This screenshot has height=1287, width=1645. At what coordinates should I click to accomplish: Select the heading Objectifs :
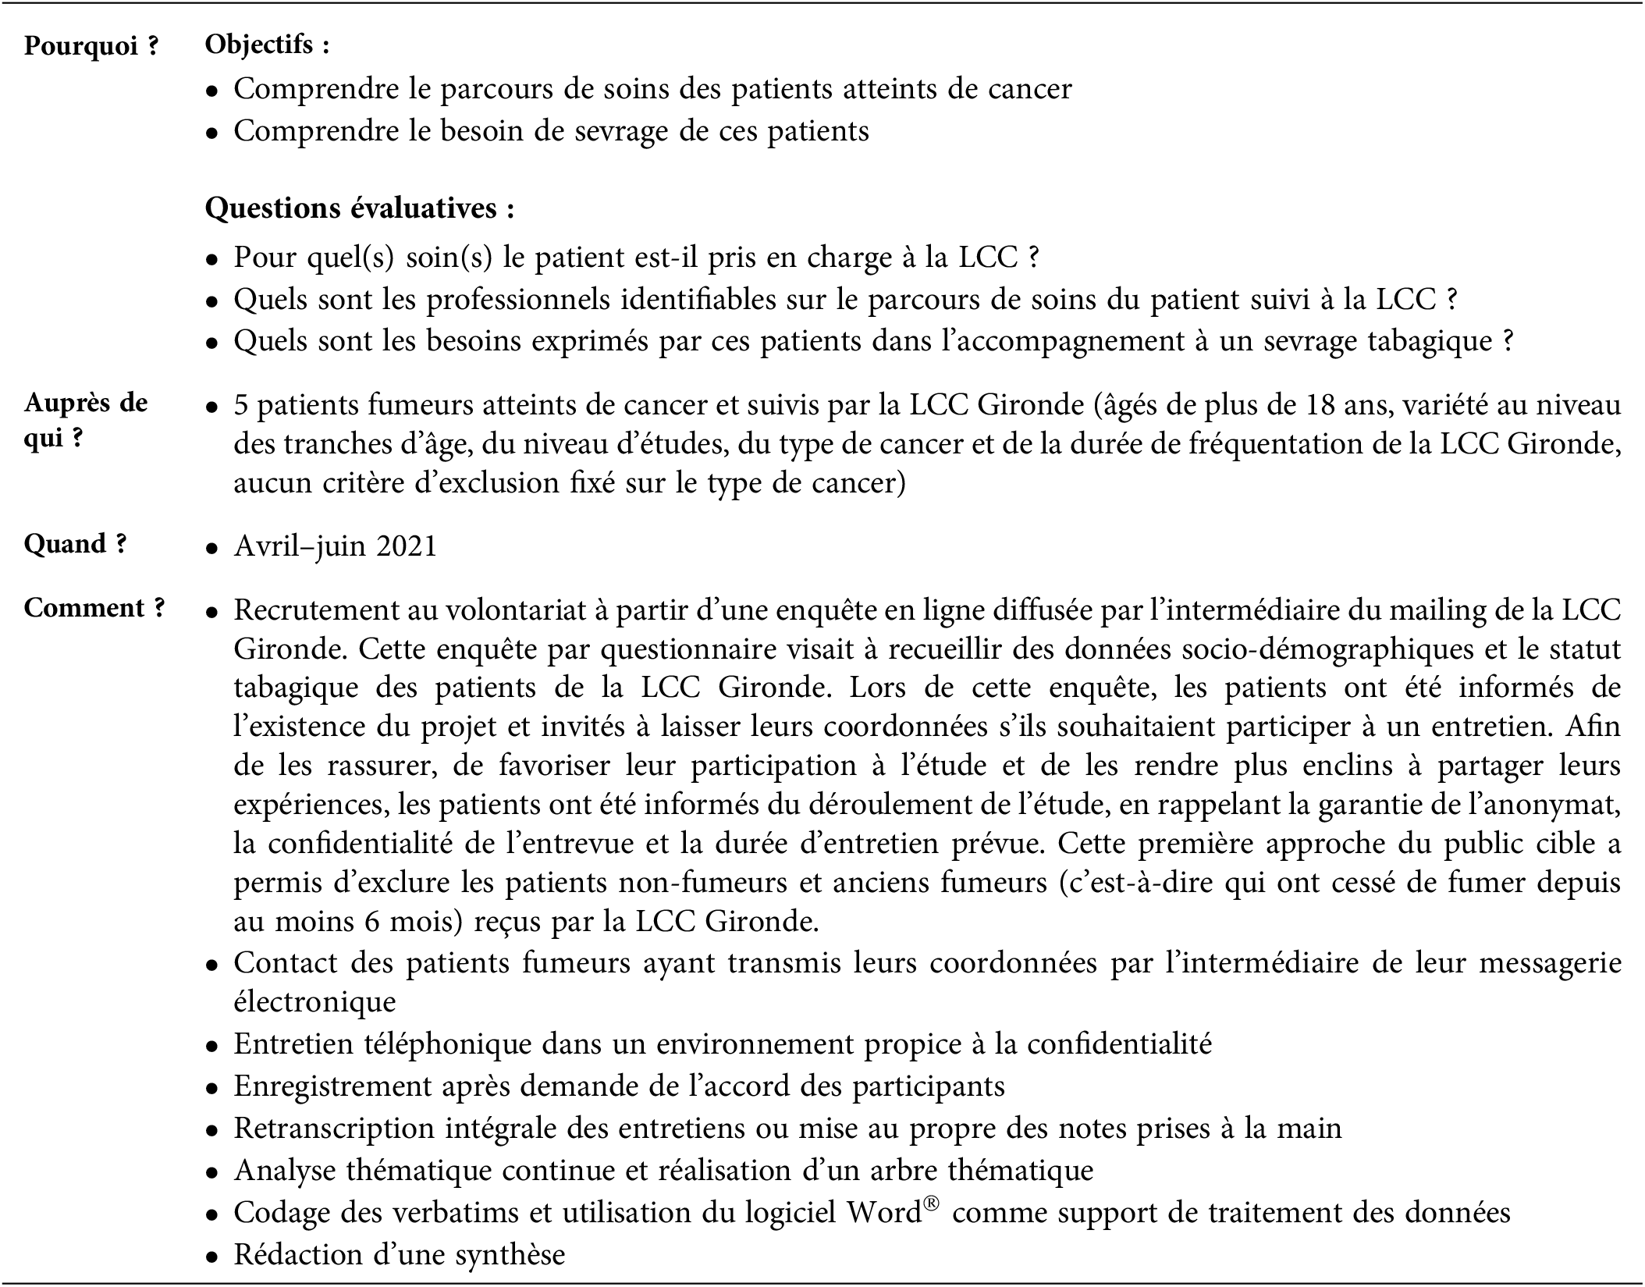(267, 45)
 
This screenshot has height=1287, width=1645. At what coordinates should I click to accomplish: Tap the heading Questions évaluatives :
(360, 208)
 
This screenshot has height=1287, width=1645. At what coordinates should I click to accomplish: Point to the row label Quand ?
(75, 544)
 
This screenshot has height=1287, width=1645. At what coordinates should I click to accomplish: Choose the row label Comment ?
(94, 608)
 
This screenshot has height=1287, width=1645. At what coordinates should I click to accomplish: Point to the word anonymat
(1553, 805)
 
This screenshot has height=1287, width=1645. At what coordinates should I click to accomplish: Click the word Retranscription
(335, 1129)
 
